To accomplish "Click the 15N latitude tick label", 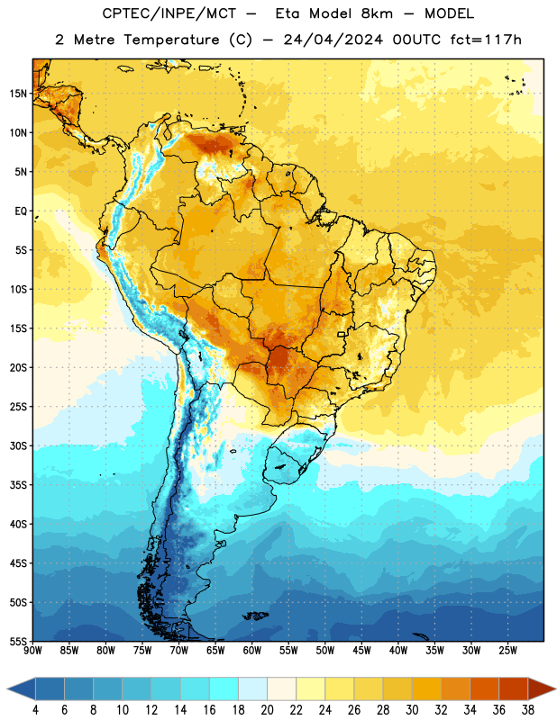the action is coord(18,94).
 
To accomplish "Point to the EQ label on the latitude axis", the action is coord(21,211).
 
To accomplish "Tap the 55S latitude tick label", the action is coord(18,641).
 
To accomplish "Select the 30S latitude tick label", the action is coord(18,445).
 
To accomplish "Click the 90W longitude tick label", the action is coord(32,650).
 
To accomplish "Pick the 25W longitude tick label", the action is coord(507,650).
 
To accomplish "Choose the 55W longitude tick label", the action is coord(288,650).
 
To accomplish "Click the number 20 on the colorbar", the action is coord(267,710).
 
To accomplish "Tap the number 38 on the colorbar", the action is coord(527,710).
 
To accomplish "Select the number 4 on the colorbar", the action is coord(35,710).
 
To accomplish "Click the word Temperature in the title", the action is coord(171,40).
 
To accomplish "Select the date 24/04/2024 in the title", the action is coord(333,40).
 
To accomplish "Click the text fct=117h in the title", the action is coord(486,40).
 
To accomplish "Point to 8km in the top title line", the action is coord(377,13).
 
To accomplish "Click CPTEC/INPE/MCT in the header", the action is coord(169,13).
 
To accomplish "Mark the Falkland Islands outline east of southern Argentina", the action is coord(256,616).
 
